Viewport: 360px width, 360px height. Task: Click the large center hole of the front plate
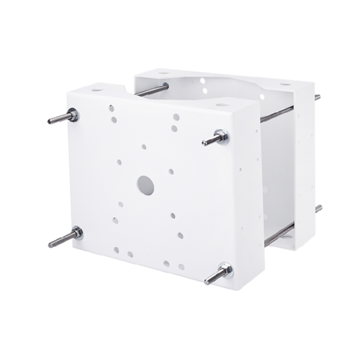[x=145, y=184]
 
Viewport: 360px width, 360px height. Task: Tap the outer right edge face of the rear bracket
[x=309, y=163]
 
